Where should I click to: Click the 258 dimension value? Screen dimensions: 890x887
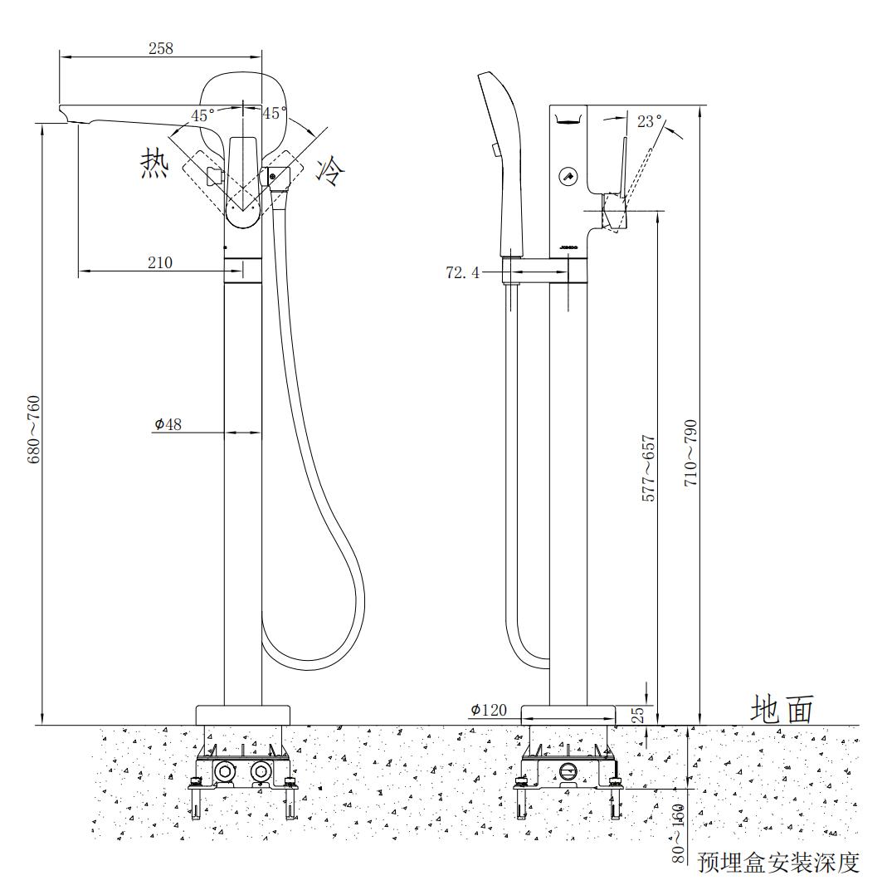click(160, 47)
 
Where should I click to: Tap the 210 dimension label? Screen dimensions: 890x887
click(160, 262)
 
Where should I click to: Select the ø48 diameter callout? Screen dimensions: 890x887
click(168, 424)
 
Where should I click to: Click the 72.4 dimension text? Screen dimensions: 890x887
click(462, 272)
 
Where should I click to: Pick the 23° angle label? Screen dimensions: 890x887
click(650, 121)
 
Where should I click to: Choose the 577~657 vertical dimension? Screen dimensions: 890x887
click(650, 467)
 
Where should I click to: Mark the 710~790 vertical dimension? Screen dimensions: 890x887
click(690, 453)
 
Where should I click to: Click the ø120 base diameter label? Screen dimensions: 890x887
click(489, 710)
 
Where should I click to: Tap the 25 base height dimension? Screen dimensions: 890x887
click(639, 715)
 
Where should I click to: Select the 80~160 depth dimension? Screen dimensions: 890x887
click(680, 833)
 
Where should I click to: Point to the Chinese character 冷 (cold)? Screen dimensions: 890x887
click(330, 171)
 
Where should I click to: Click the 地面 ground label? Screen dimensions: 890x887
click(782, 710)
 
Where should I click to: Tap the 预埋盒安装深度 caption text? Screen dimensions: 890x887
click(778, 863)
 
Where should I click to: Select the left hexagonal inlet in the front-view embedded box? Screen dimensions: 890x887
click(225, 772)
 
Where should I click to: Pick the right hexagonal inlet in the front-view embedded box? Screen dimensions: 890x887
click(261, 772)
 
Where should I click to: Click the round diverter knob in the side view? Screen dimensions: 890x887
click(568, 176)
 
